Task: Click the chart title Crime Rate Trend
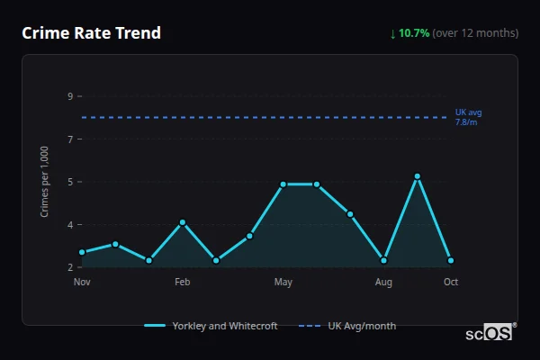91,33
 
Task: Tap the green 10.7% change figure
414,33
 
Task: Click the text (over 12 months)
475,33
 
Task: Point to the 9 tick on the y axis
70,96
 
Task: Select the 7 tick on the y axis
70,139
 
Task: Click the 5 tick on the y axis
70,182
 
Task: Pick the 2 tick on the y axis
70,267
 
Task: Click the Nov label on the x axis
82,283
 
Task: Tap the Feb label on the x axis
183,283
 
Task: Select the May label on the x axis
283,283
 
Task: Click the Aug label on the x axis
383,283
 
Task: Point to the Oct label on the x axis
451,283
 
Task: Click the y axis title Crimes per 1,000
45,182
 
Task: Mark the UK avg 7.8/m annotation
468,116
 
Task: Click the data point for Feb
183,222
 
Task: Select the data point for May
283,184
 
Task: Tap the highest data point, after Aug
418,176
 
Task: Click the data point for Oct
451,261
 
